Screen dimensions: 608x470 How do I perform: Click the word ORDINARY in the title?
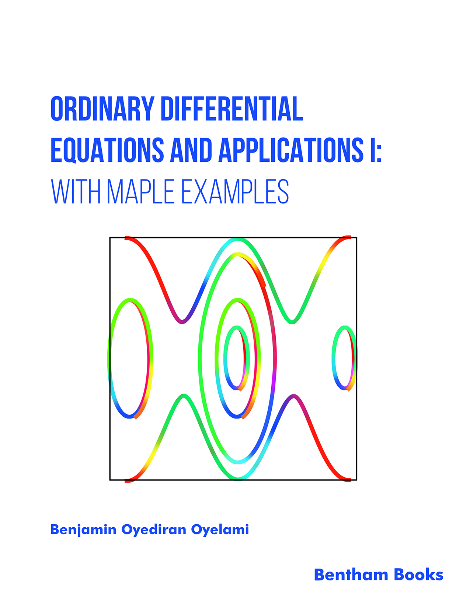click(x=102, y=109)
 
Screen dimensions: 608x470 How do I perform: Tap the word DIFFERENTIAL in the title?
click(x=231, y=109)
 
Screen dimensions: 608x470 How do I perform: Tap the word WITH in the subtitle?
click(x=76, y=192)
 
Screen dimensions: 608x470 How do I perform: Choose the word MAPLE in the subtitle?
click(x=140, y=192)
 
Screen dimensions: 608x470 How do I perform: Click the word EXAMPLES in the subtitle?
click(x=235, y=192)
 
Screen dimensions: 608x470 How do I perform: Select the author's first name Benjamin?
click(x=83, y=530)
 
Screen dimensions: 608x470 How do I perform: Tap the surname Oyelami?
click(x=220, y=530)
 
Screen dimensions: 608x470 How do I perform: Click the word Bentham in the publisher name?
click(x=351, y=575)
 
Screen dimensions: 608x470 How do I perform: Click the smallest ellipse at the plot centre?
click(x=226, y=357)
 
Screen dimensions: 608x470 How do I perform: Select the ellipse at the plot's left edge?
click(x=109, y=357)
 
